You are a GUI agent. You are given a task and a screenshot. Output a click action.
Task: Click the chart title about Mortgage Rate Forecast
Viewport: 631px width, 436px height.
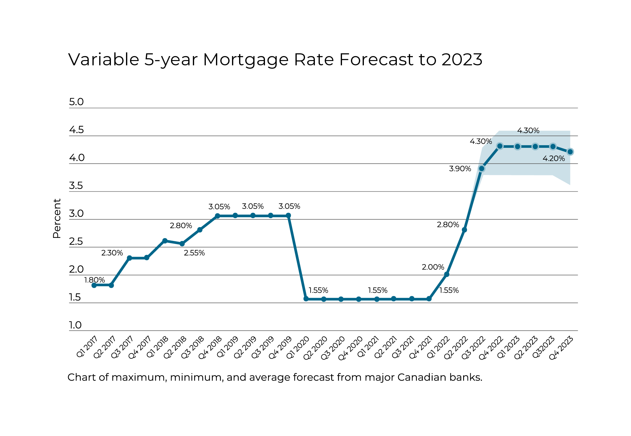[x=275, y=59]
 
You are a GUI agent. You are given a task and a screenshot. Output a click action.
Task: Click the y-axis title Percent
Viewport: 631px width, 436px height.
[x=57, y=218]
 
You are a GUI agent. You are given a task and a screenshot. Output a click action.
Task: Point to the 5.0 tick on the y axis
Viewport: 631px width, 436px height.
[x=76, y=102]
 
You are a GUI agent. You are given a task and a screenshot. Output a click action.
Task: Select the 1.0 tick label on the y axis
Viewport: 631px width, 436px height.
[x=75, y=325]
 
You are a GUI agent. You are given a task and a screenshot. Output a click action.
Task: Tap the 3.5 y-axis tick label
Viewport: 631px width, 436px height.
[x=76, y=186]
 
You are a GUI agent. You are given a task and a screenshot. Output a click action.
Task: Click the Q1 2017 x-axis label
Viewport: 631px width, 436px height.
[x=87, y=347]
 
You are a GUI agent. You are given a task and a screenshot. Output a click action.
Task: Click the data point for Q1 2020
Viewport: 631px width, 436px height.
[x=306, y=299]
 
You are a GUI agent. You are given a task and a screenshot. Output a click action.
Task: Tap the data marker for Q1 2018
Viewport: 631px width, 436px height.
[x=165, y=241]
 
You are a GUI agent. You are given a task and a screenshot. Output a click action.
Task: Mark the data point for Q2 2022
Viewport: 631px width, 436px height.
[x=464, y=230]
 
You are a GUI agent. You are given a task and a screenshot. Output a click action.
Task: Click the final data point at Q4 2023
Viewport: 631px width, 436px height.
[x=570, y=152]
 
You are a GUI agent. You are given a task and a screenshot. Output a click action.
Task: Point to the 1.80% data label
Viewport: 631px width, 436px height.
[x=95, y=280]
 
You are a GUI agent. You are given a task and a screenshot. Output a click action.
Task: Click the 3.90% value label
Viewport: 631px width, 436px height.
[x=460, y=169]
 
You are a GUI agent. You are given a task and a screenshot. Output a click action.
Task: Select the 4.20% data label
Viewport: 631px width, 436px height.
[x=554, y=158]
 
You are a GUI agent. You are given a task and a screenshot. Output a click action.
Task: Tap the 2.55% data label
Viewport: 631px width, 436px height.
[x=194, y=253]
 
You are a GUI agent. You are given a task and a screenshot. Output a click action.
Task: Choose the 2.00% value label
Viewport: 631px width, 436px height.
[x=433, y=267]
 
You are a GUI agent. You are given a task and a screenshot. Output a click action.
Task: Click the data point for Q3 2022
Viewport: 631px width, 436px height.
[x=482, y=168]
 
